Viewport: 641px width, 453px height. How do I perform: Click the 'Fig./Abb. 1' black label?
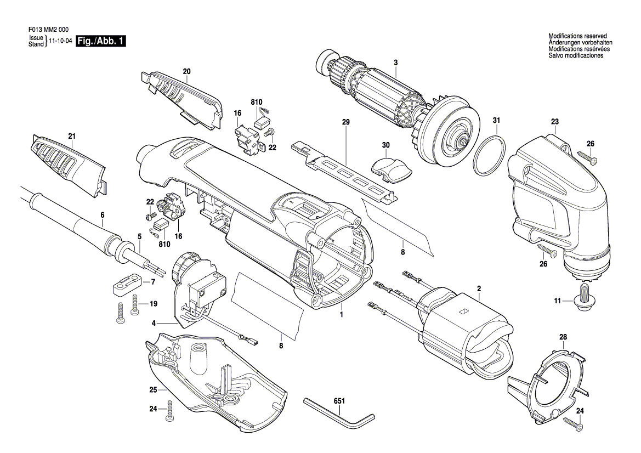(x=101, y=42)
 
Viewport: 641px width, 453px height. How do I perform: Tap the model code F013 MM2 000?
(x=49, y=31)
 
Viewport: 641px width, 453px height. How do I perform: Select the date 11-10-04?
(x=61, y=42)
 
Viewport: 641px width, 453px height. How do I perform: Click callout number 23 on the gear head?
(x=554, y=122)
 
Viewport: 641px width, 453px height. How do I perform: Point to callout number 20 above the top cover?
(x=186, y=71)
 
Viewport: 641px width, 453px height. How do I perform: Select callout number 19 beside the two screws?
(x=154, y=304)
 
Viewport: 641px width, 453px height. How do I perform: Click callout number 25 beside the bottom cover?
(x=153, y=390)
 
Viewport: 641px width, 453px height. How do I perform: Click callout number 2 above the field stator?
(x=479, y=288)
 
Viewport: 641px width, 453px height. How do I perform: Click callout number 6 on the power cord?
(x=102, y=216)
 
